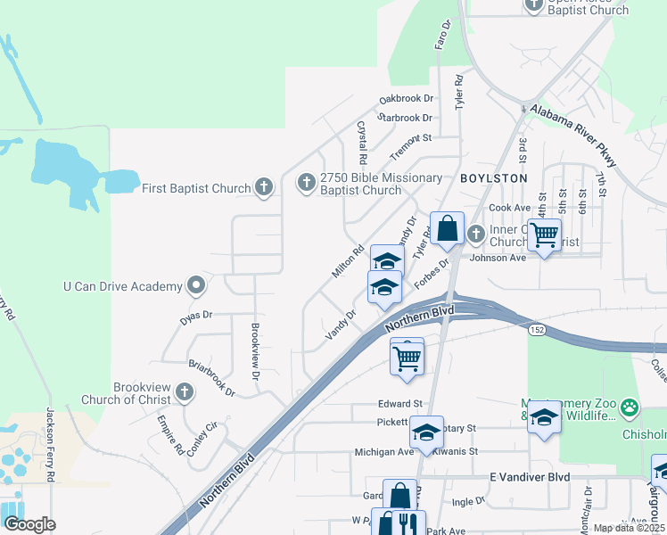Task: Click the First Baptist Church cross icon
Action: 263,187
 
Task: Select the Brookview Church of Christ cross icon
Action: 185,392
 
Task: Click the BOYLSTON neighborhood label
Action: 494,178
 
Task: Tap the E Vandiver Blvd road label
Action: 530,477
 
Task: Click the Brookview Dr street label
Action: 255,352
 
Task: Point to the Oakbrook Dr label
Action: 406,98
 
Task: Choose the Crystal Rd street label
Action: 362,143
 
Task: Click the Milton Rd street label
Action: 349,261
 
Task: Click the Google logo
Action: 29,524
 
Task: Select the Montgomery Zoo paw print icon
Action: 630,408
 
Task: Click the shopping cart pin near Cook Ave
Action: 544,235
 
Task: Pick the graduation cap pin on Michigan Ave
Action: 427,432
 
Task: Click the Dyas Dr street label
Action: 194,315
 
